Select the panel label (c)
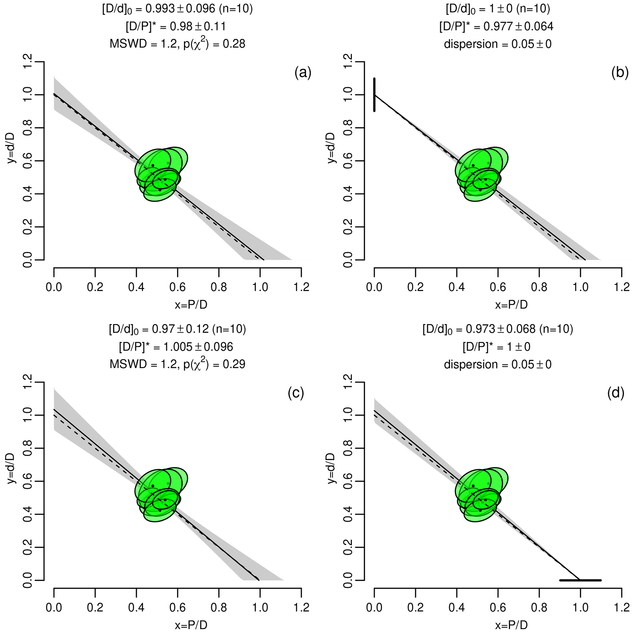click(296, 393)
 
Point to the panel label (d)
click(616, 393)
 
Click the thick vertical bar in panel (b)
click(374, 95)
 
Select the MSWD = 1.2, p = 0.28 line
click(178, 43)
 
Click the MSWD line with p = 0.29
click(178, 364)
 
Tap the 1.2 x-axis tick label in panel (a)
click(301, 287)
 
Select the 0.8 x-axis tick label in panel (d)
click(539, 607)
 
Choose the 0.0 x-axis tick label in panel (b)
click(374, 287)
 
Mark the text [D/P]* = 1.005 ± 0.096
click(176, 347)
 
